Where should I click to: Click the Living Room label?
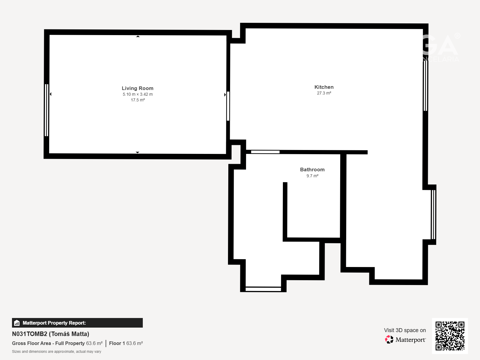[x=137, y=88]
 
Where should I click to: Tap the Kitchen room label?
[x=324, y=87]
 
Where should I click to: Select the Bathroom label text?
[x=312, y=169]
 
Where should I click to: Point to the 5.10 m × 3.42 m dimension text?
[x=137, y=94]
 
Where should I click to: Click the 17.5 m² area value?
[x=138, y=100]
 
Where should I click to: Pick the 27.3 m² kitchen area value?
[x=324, y=93]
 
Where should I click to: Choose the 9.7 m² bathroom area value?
[x=312, y=176]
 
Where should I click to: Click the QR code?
[x=450, y=336]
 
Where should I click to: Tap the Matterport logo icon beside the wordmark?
[x=389, y=340]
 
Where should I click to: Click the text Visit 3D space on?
[x=405, y=330]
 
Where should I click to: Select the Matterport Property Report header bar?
[x=77, y=323]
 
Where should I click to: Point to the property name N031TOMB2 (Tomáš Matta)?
[x=50, y=334]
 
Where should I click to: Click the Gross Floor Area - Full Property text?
[x=48, y=343]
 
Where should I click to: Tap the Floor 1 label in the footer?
[x=117, y=343]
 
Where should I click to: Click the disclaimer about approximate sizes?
[x=57, y=352]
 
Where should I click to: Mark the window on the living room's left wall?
[x=46, y=110]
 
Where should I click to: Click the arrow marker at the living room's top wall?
[x=138, y=36]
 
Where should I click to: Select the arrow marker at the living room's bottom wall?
[x=137, y=152]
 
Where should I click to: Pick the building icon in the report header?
[x=17, y=323]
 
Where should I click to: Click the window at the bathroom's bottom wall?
[x=263, y=289]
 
